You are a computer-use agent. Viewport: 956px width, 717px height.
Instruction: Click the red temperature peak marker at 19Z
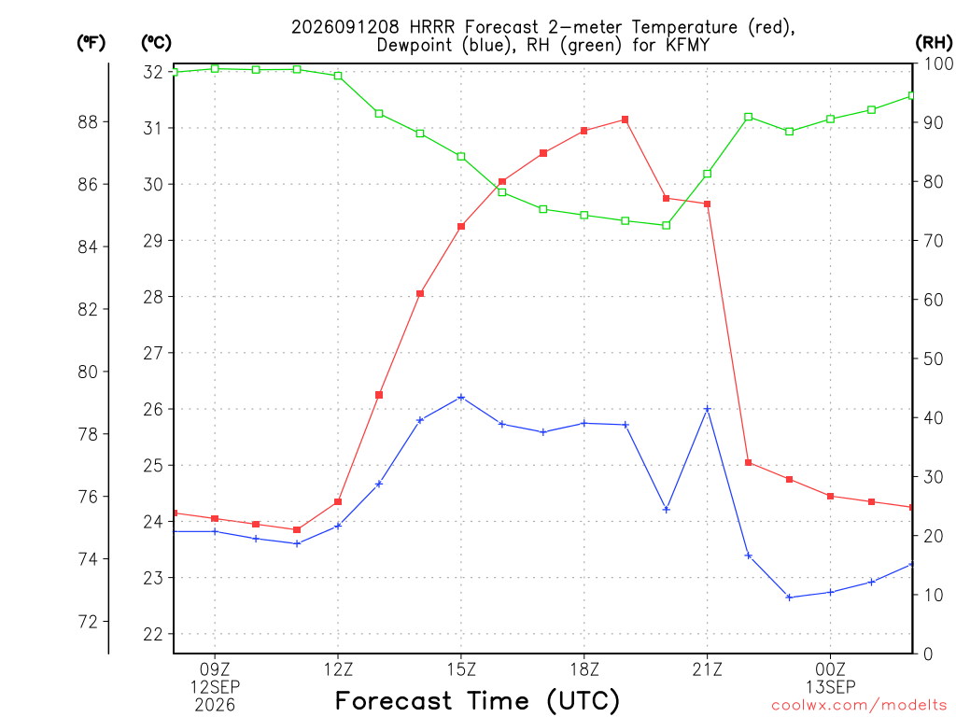coord(625,120)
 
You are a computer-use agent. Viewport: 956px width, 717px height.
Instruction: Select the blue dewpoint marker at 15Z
coord(461,398)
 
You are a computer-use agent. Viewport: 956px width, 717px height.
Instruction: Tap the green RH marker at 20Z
coord(667,226)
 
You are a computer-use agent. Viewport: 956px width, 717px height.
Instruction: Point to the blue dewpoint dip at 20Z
coord(667,510)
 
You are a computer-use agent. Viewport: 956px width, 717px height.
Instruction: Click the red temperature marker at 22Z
coord(749,463)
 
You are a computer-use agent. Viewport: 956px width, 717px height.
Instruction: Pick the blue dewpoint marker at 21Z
coord(708,409)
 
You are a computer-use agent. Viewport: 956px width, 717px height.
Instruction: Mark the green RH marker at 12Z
coord(338,76)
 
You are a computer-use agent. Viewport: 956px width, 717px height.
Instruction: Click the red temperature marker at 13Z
coord(379,395)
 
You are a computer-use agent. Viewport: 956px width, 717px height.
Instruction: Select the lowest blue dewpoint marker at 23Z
coord(789,597)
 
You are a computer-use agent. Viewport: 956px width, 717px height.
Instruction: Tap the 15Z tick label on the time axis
coord(461,670)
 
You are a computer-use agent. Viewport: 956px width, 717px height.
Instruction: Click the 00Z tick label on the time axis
coord(830,670)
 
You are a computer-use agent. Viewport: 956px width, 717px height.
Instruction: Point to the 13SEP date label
coord(830,687)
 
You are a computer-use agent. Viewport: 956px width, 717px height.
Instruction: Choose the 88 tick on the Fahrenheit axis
coord(88,122)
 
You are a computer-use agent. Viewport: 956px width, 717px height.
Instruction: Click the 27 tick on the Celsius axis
coord(153,353)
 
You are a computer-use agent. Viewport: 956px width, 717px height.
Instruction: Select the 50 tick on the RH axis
coord(933,358)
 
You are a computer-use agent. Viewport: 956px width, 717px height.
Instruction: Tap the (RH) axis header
coord(934,43)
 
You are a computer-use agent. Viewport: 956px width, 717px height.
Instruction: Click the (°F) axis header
coord(91,43)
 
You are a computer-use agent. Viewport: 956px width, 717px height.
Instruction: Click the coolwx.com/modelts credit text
coord(859,706)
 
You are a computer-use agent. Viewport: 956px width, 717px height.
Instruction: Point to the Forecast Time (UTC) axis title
coord(477,701)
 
